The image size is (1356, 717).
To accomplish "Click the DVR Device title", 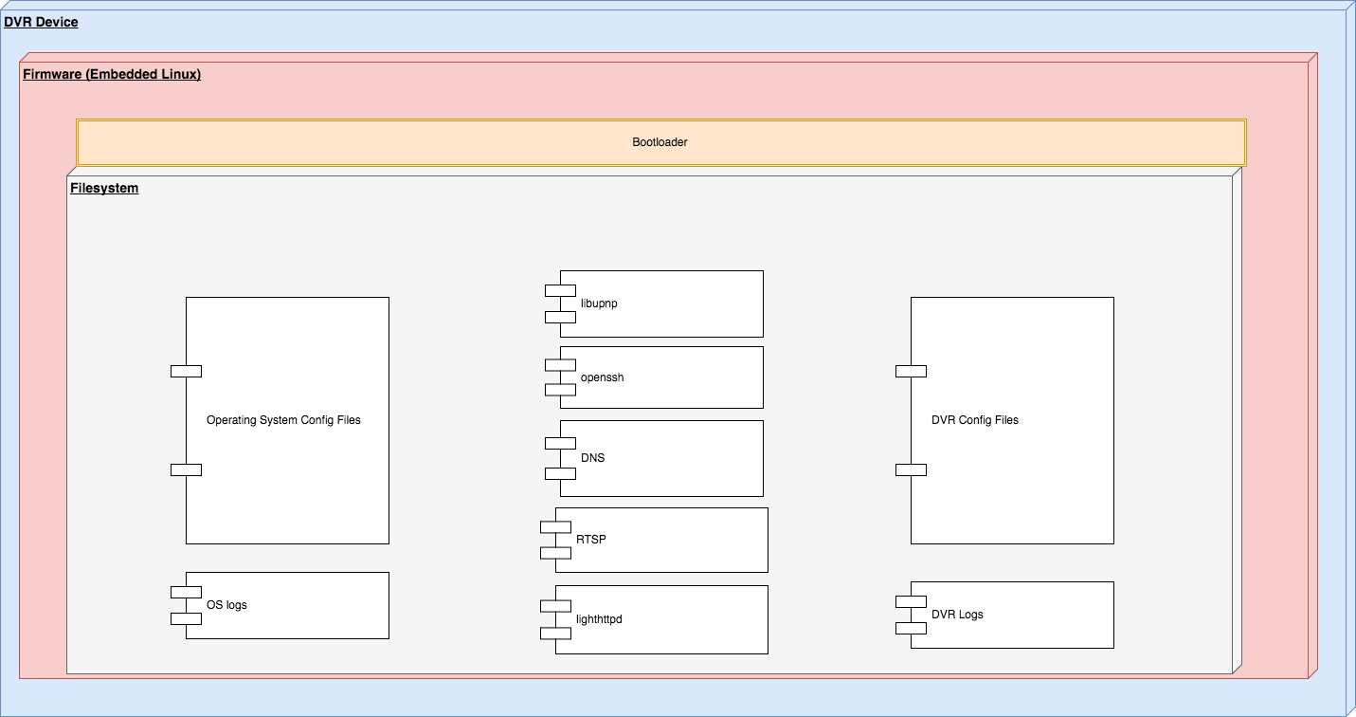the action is pos(41,22).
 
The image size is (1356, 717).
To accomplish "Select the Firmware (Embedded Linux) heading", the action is pos(112,74).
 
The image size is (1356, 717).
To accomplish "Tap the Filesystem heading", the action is pos(104,188).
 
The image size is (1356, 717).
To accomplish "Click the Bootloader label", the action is pos(660,142).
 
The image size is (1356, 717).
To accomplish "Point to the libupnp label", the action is pos(599,303).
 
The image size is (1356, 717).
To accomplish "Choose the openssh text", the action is pos(602,377).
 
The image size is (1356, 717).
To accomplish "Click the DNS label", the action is pos(592,457).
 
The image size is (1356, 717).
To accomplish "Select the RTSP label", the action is pos(591,539).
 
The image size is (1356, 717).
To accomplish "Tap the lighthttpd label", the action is pos(599,618).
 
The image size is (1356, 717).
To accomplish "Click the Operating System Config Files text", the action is pos(283,420).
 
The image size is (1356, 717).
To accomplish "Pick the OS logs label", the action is pos(226,605).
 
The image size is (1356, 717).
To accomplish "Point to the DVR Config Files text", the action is pos(975,420).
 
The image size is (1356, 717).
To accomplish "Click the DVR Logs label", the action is pos(957,614).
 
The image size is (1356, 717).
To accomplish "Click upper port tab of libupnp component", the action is pos(560,290).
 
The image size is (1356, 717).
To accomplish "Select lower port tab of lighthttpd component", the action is pos(555,634).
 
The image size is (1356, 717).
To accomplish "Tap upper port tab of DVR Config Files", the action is pos(911,371).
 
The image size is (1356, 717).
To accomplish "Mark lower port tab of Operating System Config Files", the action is pos(186,469).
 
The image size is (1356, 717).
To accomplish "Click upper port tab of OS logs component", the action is pos(186,592).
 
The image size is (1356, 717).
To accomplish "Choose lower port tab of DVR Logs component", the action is pos(911,628).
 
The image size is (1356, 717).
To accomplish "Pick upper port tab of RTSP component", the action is pos(555,526).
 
